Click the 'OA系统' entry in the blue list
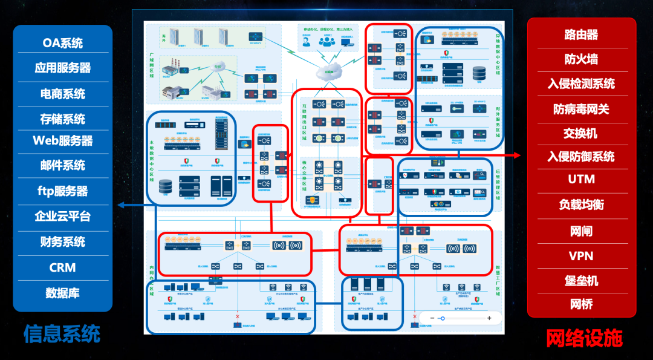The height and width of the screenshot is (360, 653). point(62,43)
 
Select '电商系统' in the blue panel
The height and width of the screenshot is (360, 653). point(62,94)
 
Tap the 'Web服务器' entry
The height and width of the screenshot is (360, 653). point(62,140)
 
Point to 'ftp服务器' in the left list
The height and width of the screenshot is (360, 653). point(62,191)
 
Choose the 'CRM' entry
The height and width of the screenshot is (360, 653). point(62,267)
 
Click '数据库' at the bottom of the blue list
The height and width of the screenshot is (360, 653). point(62,293)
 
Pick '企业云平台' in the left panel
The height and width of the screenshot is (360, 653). point(62,216)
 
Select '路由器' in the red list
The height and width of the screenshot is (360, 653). point(581,34)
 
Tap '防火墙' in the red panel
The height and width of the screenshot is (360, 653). point(581,59)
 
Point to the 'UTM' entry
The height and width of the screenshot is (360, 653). point(581,179)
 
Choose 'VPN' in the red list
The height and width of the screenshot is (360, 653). point(581,256)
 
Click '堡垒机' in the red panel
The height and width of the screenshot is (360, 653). point(581,281)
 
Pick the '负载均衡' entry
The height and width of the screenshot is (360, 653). point(581,205)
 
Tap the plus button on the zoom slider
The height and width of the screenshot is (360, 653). point(489,318)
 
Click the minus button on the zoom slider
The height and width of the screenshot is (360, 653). point(432,318)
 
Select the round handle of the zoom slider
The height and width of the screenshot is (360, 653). point(443,318)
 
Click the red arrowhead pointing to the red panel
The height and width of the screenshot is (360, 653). point(518,155)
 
